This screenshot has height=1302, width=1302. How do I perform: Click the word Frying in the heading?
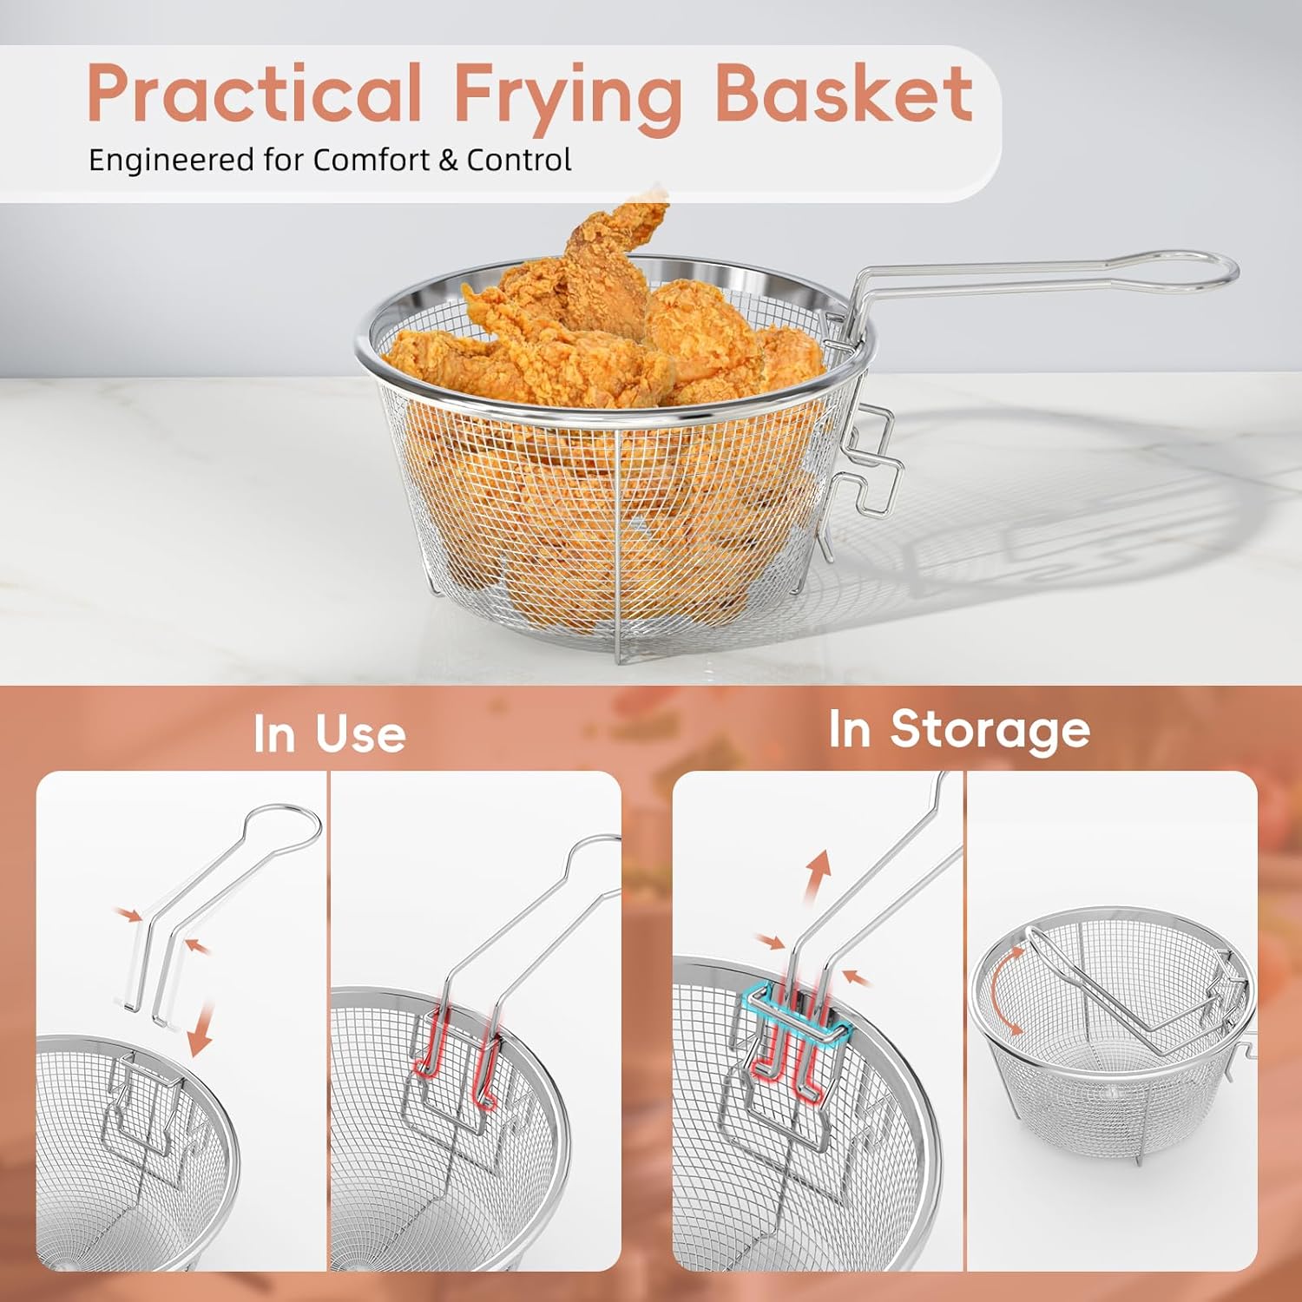pos(568,95)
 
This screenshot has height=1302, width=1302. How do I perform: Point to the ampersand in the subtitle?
pos(448,161)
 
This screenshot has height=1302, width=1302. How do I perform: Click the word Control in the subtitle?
pos(519,161)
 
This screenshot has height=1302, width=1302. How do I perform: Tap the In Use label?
pos(330,734)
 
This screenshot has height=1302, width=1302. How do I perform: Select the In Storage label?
pos(959,729)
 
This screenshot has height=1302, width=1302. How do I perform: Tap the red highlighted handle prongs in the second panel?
pos(456,1055)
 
